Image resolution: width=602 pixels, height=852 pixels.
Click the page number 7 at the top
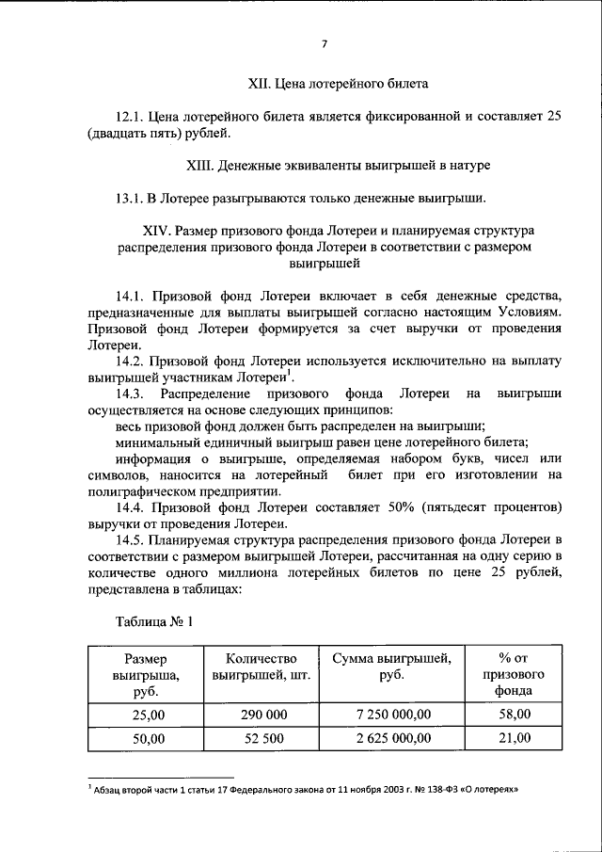[324, 43]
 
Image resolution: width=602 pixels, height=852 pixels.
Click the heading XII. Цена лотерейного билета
[338, 84]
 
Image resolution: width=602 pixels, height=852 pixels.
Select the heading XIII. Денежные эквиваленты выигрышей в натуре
[338, 166]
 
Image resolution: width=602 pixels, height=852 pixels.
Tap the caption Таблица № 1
[154, 621]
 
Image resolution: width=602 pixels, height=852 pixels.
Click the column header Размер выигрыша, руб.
[145, 675]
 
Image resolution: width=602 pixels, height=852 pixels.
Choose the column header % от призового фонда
[515, 675]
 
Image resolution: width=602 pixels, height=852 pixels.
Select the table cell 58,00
[515, 716]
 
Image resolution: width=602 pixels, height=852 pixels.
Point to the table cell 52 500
[263, 739]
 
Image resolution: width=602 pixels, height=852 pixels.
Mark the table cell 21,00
[515, 739]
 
